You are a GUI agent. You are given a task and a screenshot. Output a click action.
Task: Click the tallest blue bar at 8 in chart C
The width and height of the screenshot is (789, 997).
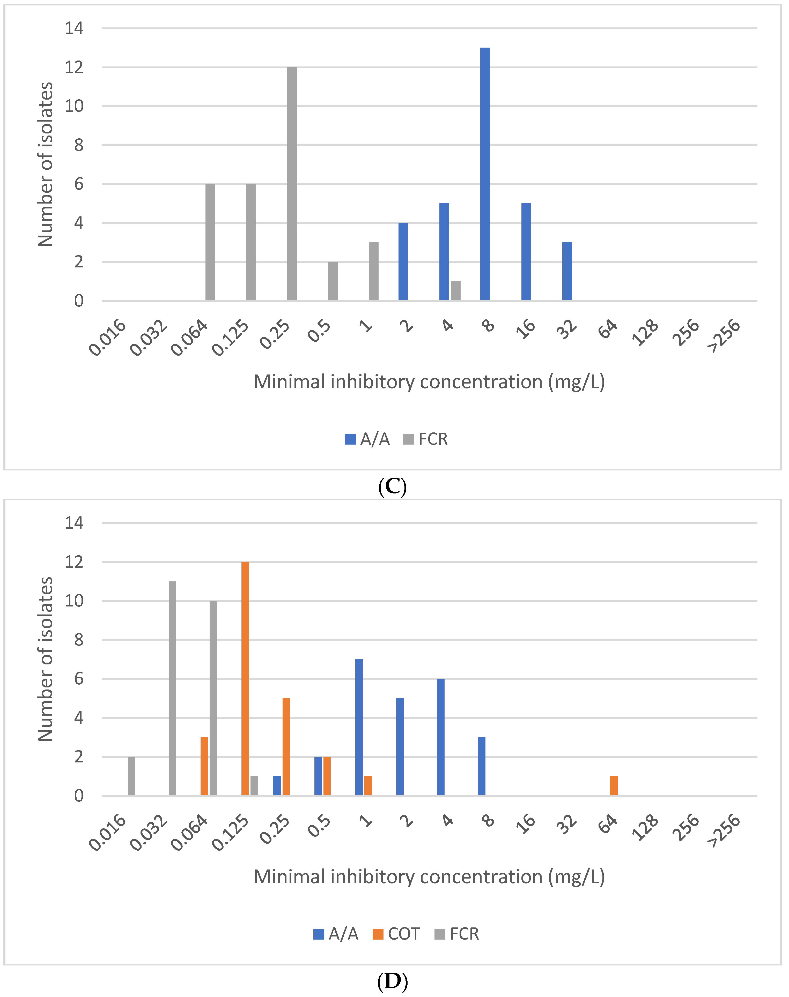(485, 174)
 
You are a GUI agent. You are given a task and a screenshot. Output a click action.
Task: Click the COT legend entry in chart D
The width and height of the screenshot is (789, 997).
(396, 934)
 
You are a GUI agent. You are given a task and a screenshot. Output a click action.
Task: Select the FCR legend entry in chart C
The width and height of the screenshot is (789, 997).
(425, 439)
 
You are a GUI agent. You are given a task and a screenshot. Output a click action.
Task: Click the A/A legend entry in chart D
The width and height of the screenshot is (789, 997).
(336, 934)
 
